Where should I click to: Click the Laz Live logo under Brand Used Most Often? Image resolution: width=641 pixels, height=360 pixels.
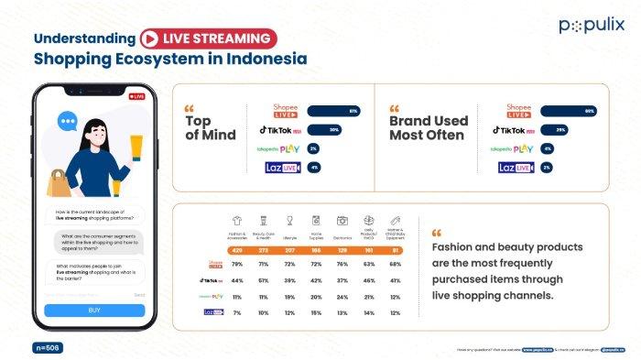point(516,168)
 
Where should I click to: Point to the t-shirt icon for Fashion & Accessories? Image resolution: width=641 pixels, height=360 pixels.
point(237,221)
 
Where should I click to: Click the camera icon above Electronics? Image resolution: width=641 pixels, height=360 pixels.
point(342,221)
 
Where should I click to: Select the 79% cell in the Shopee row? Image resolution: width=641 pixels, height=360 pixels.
point(237,263)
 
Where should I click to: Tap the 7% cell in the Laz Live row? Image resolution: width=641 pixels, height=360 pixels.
point(237,312)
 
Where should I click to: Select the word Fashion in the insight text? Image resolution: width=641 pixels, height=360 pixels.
point(457,247)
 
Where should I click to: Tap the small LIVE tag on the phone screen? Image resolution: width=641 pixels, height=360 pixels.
point(136,96)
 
